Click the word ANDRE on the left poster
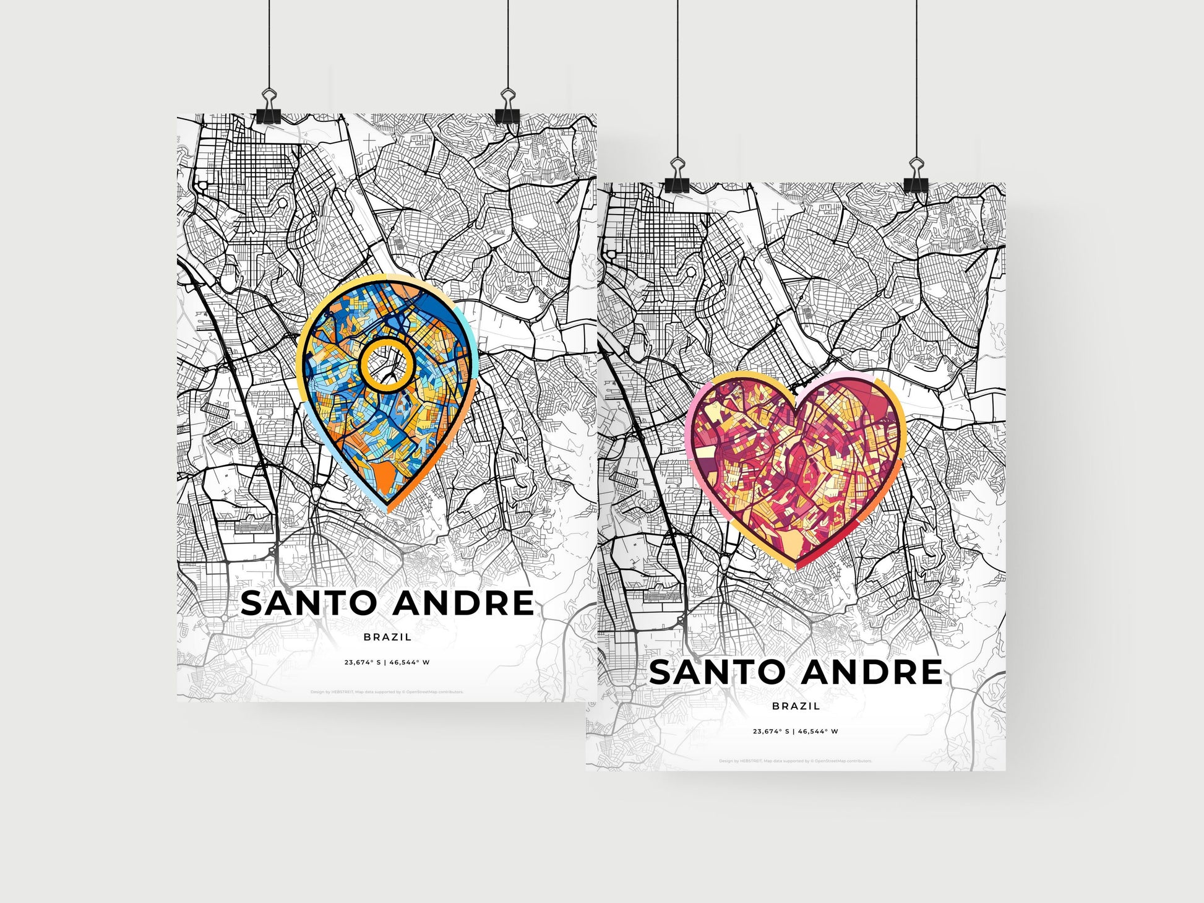(463, 603)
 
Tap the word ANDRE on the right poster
(872, 672)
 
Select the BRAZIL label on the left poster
(387, 637)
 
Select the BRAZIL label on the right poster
(796, 706)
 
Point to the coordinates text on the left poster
(387, 662)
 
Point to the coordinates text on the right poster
(796, 731)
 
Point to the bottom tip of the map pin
(388, 509)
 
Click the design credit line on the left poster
(387, 692)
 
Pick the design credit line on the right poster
(796, 761)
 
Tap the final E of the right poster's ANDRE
(929, 672)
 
